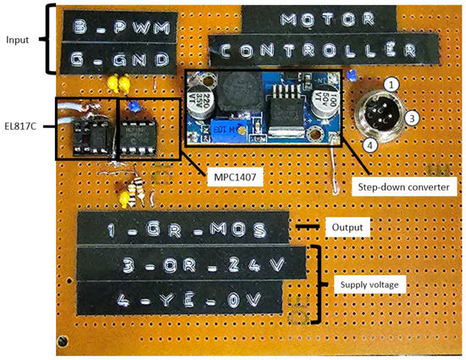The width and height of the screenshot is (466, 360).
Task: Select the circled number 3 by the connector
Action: pyautogui.click(x=411, y=119)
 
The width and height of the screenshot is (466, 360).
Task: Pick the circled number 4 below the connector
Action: pyautogui.click(x=369, y=145)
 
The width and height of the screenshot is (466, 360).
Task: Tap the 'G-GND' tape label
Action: pyautogui.click(x=115, y=60)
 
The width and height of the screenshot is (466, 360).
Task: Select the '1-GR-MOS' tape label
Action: pyautogui.click(x=180, y=228)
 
